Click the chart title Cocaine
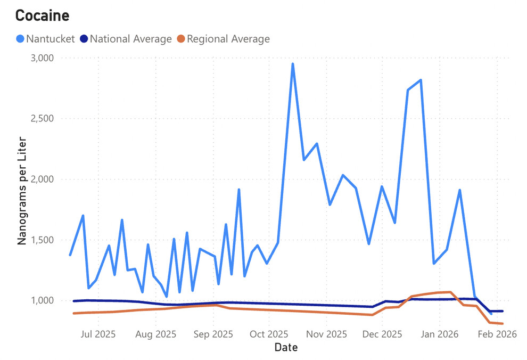coord(42,15)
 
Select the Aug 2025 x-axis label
coord(155,334)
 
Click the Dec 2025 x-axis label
coord(382,334)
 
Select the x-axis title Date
coord(286,348)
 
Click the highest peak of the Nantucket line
coord(293,64)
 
